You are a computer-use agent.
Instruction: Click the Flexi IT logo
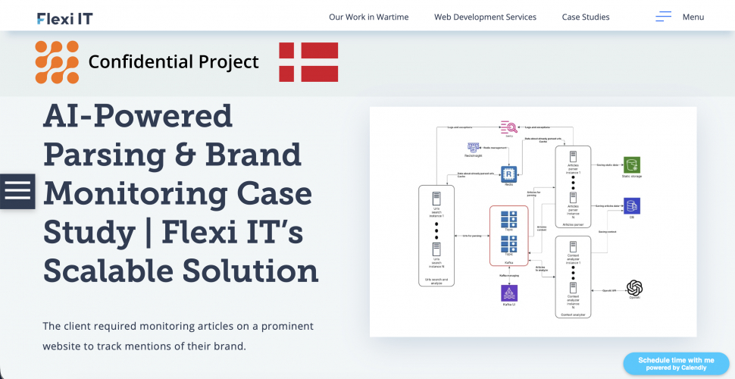pyautogui.click(x=64, y=17)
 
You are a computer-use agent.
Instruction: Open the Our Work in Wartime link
pyautogui.click(x=368, y=17)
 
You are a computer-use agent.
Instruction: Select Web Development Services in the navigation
pyautogui.click(x=485, y=17)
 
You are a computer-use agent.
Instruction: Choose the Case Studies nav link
pyautogui.click(x=585, y=17)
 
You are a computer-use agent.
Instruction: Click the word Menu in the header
pyautogui.click(x=693, y=17)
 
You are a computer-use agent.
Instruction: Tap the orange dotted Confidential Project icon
pyautogui.click(x=57, y=62)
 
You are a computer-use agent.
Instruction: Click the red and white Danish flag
pyautogui.click(x=308, y=62)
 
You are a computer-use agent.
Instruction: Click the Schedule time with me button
pyautogui.click(x=676, y=364)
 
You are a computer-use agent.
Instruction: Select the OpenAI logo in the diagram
pyautogui.click(x=634, y=287)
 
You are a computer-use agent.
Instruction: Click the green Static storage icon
pyautogui.click(x=630, y=164)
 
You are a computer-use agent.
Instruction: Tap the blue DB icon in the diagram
pyautogui.click(x=630, y=205)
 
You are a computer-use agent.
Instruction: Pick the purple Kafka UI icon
pyautogui.click(x=509, y=293)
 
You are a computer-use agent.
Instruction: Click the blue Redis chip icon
pyautogui.click(x=508, y=174)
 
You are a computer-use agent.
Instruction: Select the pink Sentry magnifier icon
pyautogui.click(x=508, y=128)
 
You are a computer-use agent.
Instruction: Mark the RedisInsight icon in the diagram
pyautogui.click(x=474, y=147)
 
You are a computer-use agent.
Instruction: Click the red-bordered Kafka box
pyautogui.click(x=508, y=235)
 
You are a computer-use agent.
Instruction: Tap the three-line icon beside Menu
pyautogui.click(x=664, y=17)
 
